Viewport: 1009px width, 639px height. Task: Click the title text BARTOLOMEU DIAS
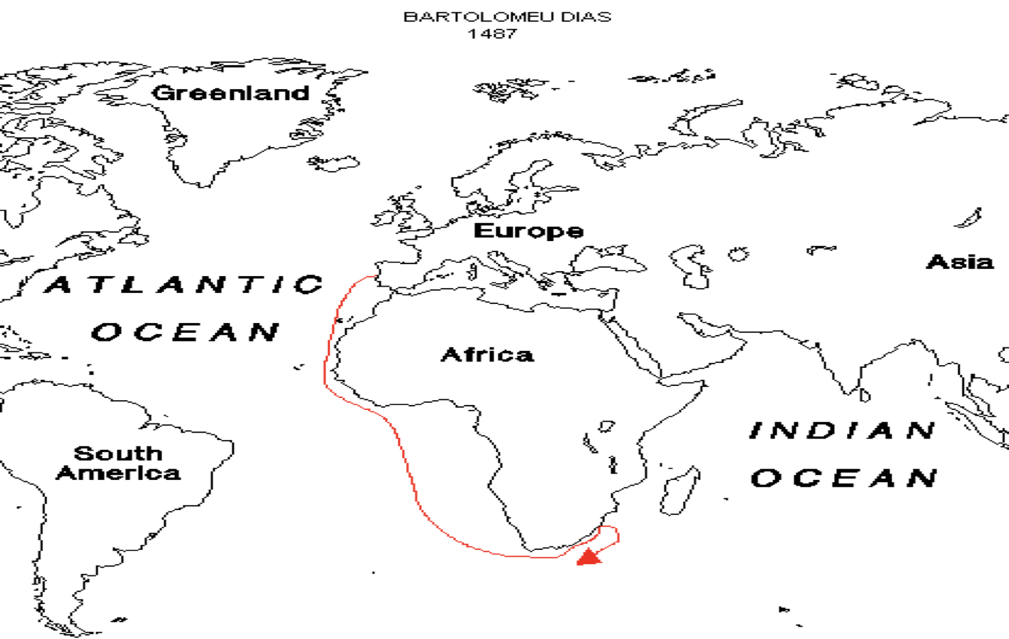click(507, 17)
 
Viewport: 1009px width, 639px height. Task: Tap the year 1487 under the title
click(493, 33)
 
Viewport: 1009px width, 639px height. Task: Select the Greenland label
click(231, 92)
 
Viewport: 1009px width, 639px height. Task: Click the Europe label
click(528, 231)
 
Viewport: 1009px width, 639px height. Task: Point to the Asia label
click(960, 262)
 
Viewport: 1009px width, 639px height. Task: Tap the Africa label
click(487, 355)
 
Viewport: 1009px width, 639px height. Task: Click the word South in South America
click(118, 453)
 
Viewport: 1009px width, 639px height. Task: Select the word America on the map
click(118, 473)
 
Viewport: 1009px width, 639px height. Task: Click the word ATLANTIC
click(184, 284)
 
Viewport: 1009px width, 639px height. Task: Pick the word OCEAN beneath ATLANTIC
click(186, 331)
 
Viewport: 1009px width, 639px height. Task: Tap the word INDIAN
click(843, 430)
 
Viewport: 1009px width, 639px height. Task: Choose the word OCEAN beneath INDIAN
click(844, 478)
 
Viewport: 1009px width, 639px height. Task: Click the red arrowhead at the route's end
click(589, 557)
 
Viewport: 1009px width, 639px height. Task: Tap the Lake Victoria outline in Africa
click(607, 425)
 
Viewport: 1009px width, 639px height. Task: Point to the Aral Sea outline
click(738, 254)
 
